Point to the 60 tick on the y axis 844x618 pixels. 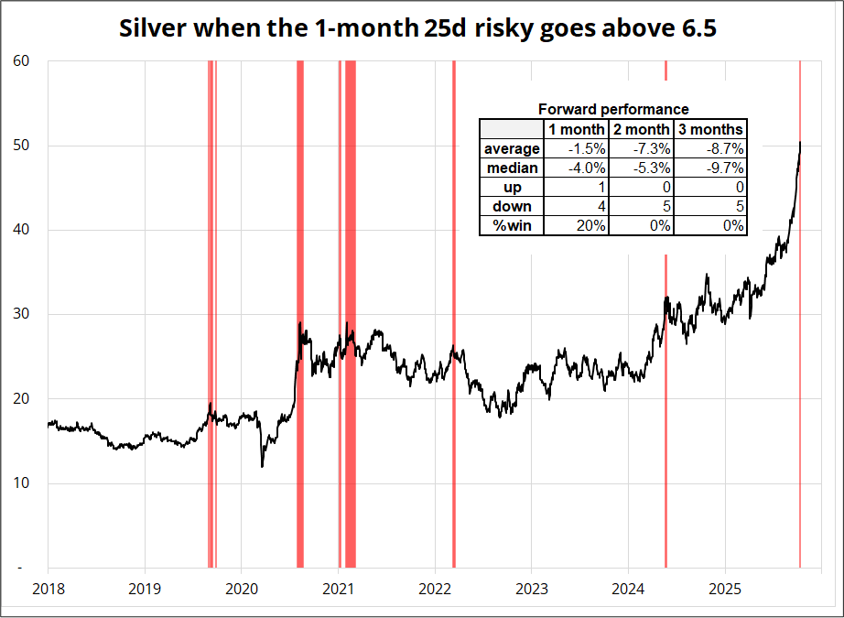click(22, 61)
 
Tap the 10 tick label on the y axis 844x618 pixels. click(22, 483)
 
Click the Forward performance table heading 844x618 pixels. click(612, 109)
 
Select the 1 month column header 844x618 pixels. click(577, 129)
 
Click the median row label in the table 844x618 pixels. click(512, 168)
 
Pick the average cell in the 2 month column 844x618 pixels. click(642, 148)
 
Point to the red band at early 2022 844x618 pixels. click(453, 366)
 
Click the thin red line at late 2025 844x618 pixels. click(800, 366)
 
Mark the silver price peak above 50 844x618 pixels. click(800, 144)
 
